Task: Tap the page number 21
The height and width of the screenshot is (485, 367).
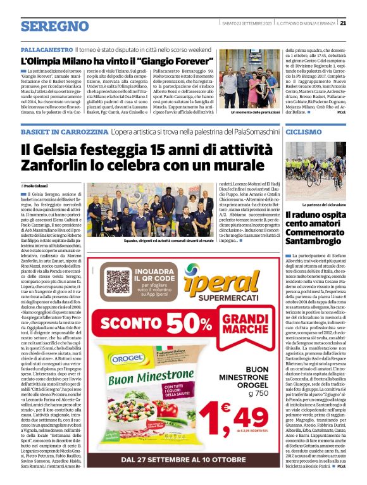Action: point(359,23)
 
